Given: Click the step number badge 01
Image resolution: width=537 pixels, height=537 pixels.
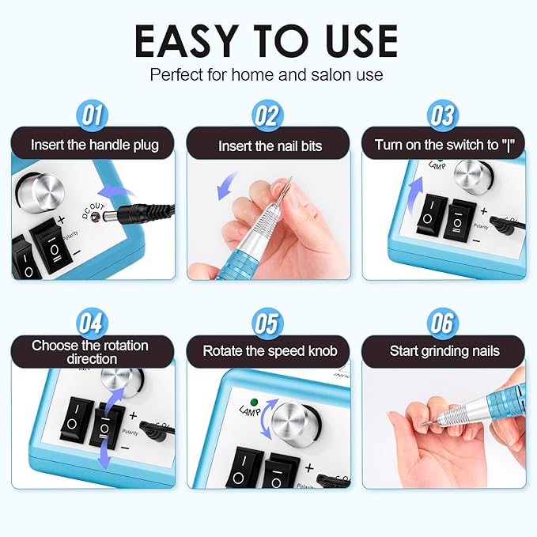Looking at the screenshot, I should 93,116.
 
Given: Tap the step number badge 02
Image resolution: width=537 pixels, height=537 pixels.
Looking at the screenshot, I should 267,116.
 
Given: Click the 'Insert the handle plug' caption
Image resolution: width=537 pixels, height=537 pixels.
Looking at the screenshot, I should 94,145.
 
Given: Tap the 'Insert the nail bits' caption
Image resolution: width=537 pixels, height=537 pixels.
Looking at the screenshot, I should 268,146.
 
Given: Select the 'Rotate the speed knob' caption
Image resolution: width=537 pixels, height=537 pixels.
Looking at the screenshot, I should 268,350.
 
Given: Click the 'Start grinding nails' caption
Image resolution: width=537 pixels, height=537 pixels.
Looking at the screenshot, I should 444,350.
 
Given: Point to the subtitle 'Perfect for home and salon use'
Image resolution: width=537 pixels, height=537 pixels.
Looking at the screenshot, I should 267,76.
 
